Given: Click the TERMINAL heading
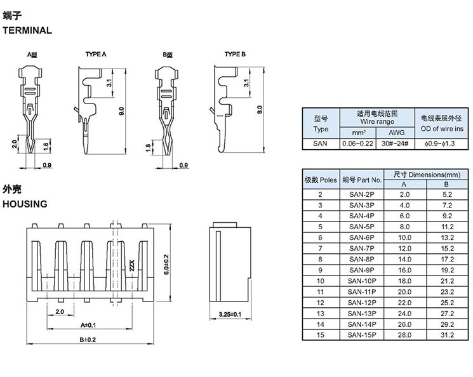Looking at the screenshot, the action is [x=27, y=30].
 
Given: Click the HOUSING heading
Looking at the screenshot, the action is [x=25, y=204].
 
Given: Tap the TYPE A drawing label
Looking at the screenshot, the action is [x=96, y=55].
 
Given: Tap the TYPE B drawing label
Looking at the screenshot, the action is [x=235, y=55].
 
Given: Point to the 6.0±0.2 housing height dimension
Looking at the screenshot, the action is [x=166, y=265].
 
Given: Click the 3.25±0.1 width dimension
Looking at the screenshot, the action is [x=230, y=314].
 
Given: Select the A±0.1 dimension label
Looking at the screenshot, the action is [x=88, y=325].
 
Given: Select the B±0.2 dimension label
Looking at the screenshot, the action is [x=88, y=340].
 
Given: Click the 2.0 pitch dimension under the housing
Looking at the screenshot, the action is [x=60, y=312].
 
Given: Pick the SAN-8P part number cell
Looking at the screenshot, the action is [x=362, y=260].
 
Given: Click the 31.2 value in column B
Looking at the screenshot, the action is [x=448, y=335].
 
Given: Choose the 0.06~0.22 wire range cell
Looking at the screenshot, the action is [x=358, y=143].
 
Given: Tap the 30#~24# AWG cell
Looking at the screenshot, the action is [x=395, y=143].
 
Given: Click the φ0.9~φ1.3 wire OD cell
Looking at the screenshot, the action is [x=442, y=144].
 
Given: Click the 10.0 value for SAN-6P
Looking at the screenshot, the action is [x=404, y=237].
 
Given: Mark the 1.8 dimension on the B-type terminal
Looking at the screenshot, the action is [x=148, y=147].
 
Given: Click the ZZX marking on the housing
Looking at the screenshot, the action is [x=132, y=265].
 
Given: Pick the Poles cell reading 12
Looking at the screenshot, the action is [x=321, y=303].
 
